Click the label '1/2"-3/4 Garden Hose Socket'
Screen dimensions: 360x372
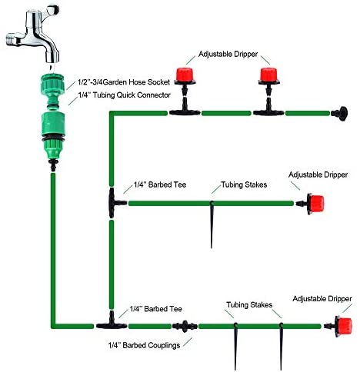click(x=124, y=82)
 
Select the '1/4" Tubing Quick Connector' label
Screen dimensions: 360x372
click(x=125, y=95)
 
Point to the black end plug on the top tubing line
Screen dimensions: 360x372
click(x=339, y=113)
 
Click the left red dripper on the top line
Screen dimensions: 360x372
click(x=185, y=76)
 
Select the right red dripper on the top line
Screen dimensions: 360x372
click(x=268, y=76)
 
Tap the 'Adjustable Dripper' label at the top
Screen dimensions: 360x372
click(x=228, y=55)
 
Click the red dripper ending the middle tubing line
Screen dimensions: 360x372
click(x=314, y=204)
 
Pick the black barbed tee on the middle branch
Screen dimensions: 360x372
click(x=115, y=203)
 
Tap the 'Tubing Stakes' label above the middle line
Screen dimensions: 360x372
click(x=244, y=184)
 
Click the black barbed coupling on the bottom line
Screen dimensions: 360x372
click(x=185, y=326)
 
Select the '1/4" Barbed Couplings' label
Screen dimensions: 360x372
click(x=144, y=345)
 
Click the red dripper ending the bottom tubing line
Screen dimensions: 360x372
click(x=341, y=326)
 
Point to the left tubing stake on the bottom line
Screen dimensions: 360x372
click(x=235, y=347)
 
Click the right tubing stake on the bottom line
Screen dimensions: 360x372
click(x=282, y=347)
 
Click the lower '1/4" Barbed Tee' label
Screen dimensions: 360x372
click(x=156, y=309)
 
